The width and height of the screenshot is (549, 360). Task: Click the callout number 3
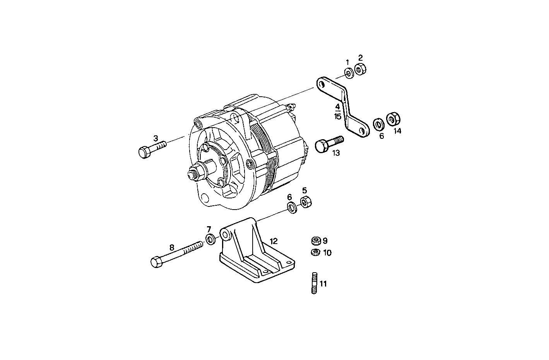coord(156,138)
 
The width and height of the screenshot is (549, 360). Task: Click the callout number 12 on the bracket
coord(274,241)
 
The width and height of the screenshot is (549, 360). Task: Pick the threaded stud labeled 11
coord(314,283)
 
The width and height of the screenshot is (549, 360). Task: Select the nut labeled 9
coord(315,241)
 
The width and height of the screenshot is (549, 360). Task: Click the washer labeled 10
coord(315,253)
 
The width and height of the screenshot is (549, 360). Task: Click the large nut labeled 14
coord(393,119)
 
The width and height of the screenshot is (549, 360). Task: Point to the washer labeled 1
coord(348,73)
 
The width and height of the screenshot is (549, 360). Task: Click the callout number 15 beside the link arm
coord(338,116)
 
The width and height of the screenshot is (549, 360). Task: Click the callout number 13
coord(336,153)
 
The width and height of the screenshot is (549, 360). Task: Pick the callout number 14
coord(398,131)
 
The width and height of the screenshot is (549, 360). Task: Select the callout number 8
coord(172,247)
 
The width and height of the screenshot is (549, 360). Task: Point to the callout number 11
coord(323,284)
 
